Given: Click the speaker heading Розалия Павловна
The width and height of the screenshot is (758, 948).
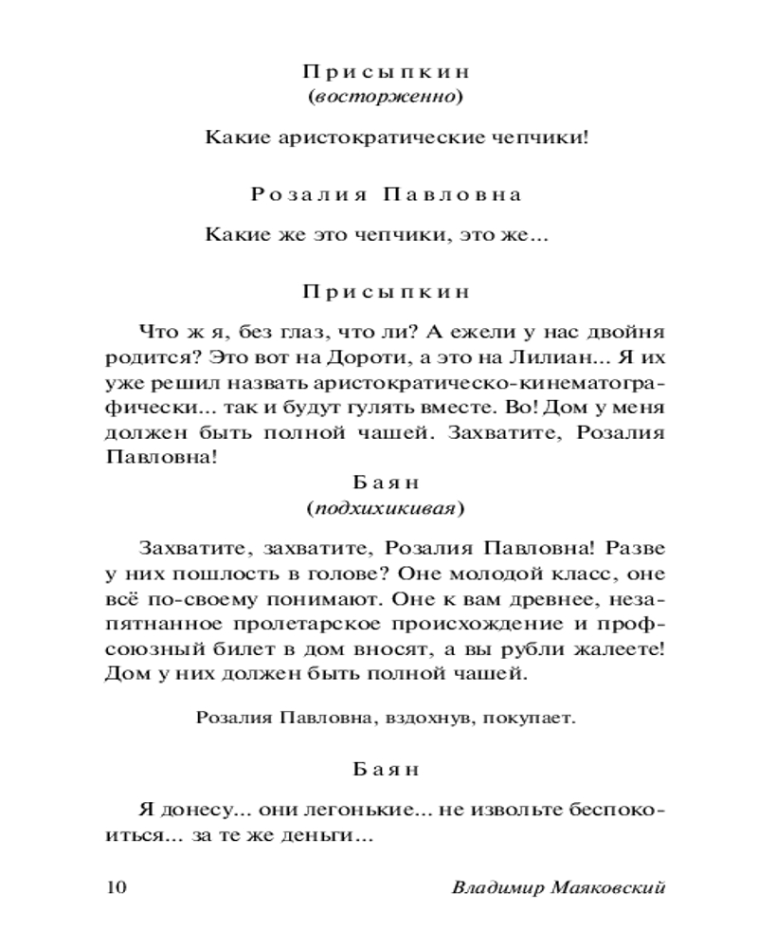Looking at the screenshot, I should coord(386,194).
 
